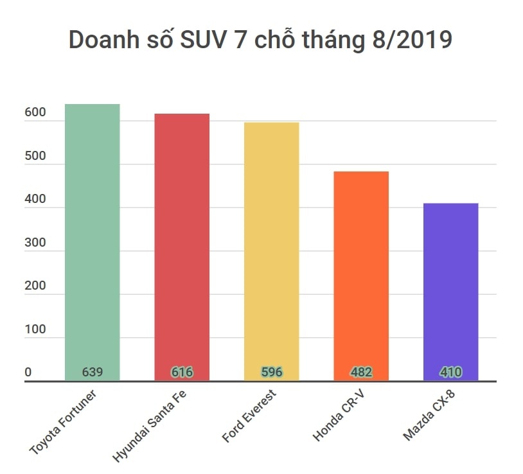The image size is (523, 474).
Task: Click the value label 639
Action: pos(93,372)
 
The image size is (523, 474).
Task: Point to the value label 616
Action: pos(182,372)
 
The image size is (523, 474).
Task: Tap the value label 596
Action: pos(272,372)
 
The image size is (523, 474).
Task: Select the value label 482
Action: pos(361,372)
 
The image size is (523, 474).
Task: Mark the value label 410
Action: pos(450,372)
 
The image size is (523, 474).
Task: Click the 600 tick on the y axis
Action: pos(35,112)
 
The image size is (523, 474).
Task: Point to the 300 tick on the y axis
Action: pos(35,243)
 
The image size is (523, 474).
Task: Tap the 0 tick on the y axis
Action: pos(28,373)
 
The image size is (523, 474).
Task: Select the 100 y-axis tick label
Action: pos(35,329)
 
